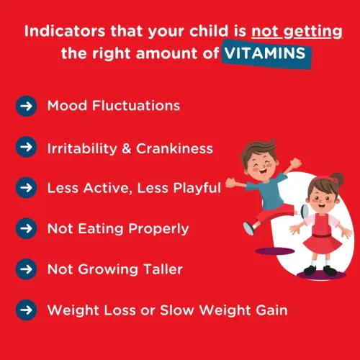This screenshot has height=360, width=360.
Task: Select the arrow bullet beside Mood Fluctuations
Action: point(26,106)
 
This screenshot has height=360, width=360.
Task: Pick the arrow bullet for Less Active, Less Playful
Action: point(26,188)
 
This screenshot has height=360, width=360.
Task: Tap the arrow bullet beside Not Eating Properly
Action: point(26,229)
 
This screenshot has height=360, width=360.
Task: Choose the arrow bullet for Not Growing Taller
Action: point(26,270)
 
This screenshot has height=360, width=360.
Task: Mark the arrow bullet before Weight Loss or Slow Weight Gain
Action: point(26,311)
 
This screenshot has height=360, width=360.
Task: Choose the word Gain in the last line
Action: point(271,311)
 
